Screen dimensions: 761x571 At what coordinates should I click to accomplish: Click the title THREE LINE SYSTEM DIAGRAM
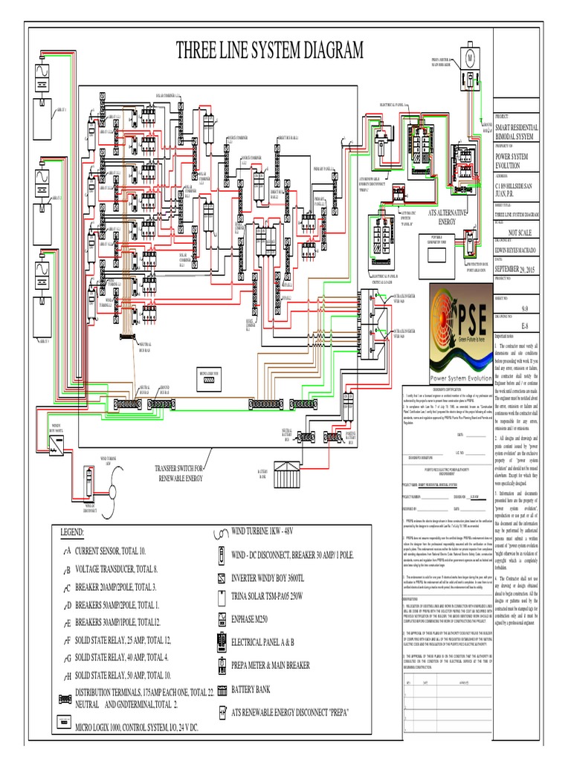[x=269, y=51]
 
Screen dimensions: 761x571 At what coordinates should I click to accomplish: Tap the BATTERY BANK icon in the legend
[x=221, y=690]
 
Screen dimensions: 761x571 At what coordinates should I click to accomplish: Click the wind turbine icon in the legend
[x=220, y=532]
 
